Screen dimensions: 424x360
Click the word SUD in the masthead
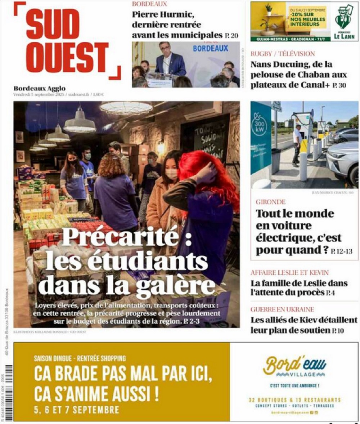pos(53,26)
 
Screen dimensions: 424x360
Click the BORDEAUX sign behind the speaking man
pos(210,48)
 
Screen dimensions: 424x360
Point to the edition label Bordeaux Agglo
pos(40,88)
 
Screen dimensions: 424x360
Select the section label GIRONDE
pos(271,202)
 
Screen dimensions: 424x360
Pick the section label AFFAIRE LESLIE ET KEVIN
pos(289,273)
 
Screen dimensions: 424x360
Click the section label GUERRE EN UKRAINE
pos(282,309)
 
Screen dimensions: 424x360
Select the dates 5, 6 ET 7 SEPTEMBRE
pos(76,410)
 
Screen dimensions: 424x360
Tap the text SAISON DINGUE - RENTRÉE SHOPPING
pos(80,358)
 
